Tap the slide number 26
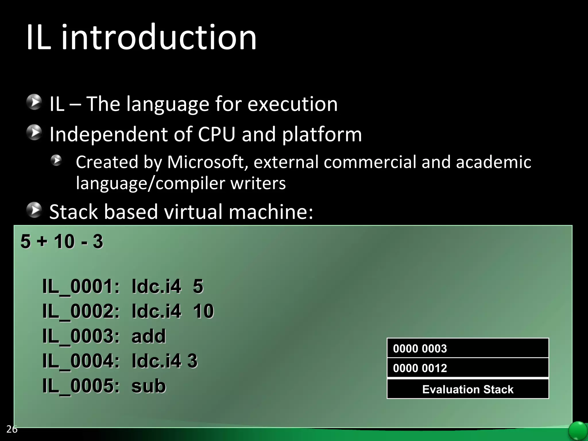tap(12, 429)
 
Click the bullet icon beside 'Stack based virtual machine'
tap(34, 210)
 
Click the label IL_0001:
tap(81, 287)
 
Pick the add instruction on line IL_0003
tap(148, 336)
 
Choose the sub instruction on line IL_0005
tap(148, 386)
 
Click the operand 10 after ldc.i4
tap(203, 311)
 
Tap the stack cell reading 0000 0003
tap(467, 348)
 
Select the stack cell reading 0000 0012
tap(467, 368)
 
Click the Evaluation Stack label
tap(467, 389)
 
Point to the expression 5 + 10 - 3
tap(62, 241)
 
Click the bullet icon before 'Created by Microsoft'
tap(56, 160)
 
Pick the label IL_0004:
tap(81, 361)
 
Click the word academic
tap(493, 162)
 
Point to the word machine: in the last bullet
tap(271, 212)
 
